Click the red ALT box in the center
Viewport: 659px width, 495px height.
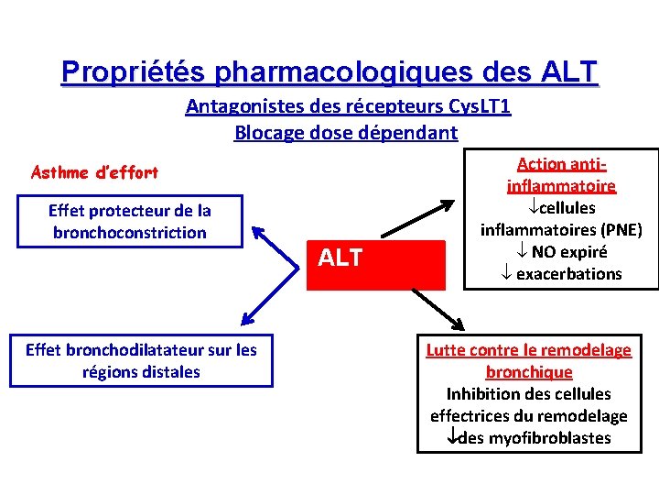[x=375, y=258]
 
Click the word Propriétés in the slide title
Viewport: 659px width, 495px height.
[x=136, y=71]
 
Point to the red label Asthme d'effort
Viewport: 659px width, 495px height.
[x=94, y=171]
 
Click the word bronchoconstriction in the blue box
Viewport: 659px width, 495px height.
[x=130, y=233]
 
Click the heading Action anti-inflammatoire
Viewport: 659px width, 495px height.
[x=562, y=175]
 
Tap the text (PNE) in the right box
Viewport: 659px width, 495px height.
[x=616, y=229]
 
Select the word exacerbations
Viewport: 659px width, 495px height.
[x=568, y=273]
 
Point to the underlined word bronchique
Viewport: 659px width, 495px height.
[x=529, y=372]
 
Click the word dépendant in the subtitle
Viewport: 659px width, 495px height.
[x=414, y=132]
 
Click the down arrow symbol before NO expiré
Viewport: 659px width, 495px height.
[x=519, y=252]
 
